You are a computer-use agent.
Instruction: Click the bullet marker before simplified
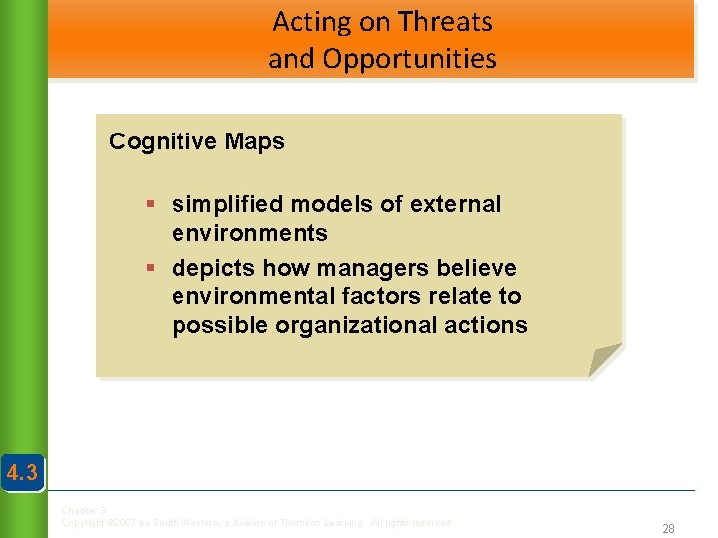point(150,205)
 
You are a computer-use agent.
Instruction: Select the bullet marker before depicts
point(150,269)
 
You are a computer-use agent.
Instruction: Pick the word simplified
point(225,205)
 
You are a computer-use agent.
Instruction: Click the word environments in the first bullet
point(249,233)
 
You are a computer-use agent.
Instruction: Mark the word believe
point(480,268)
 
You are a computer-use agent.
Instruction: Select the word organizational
point(353,325)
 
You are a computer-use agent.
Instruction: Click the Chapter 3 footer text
point(83,511)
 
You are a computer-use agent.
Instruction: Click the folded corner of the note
point(604,360)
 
